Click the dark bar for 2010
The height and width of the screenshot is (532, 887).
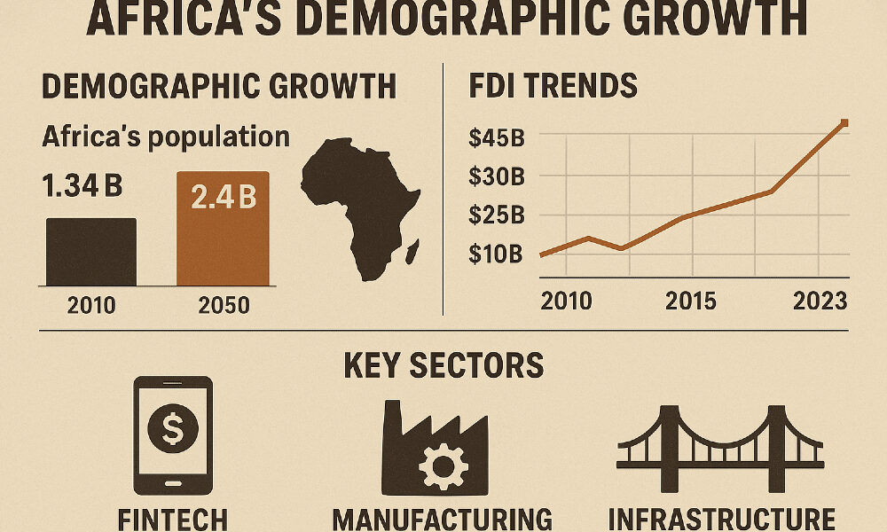pos(90,252)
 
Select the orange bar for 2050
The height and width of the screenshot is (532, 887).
pos(222,229)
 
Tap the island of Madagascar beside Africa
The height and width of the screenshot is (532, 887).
pos(412,255)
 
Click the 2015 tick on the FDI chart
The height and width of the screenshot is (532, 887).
pos(692,301)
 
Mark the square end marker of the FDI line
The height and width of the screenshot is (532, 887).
pos(844,123)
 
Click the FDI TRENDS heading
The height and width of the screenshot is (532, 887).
pos(552,86)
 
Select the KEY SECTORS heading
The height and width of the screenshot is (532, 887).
pos(443,365)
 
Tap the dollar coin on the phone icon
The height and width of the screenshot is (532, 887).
pos(174,432)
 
